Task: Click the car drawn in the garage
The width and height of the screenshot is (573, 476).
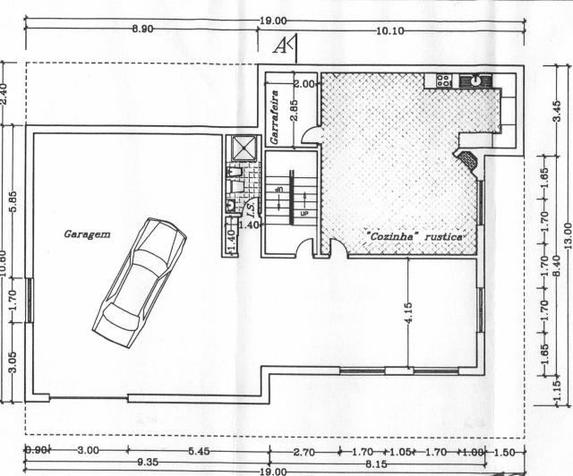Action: pyautogui.click(x=140, y=282)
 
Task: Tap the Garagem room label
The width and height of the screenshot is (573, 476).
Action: pyautogui.click(x=87, y=234)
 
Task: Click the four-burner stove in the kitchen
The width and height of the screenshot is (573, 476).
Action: pyautogui.click(x=442, y=81)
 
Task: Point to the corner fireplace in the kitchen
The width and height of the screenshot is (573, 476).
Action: pyautogui.click(x=467, y=161)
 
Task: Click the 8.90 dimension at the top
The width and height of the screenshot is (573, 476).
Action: pyautogui.click(x=142, y=30)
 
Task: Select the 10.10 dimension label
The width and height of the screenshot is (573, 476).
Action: pyautogui.click(x=390, y=31)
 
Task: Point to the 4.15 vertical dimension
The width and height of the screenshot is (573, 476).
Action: pyautogui.click(x=408, y=309)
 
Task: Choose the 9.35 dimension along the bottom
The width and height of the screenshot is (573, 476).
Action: pyautogui.click(x=143, y=463)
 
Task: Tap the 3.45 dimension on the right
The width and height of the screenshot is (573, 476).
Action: pyautogui.click(x=555, y=108)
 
